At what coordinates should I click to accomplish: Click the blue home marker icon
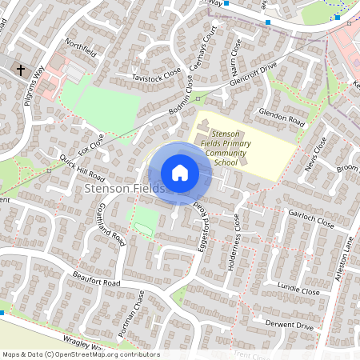pos(180,172)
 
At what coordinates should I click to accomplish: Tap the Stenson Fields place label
pos(124,189)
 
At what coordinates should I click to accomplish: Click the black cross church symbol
pos(20,70)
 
